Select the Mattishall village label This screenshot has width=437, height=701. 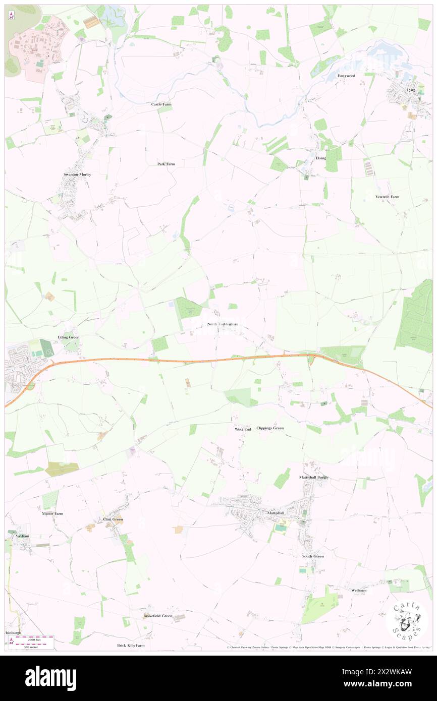click(x=276, y=512)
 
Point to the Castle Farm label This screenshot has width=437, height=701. click(x=161, y=104)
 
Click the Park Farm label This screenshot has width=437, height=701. click(x=166, y=164)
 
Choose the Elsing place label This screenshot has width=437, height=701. click(x=320, y=158)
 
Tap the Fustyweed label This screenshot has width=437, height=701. click(x=346, y=76)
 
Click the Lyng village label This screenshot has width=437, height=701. click(x=411, y=89)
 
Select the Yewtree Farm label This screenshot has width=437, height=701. click(x=387, y=196)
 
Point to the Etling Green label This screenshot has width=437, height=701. click(x=69, y=336)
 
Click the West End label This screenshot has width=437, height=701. click(x=243, y=429)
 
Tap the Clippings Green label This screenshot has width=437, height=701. click(x=270, y=428)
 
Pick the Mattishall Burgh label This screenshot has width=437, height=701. click(x=313, y=477)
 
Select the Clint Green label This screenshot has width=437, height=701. click(x=113, y=519)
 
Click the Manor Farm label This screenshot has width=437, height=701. click(x=52, y=513)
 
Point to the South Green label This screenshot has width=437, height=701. click(x=313, y=556)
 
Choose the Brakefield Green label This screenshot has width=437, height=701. click(x=157, y=616)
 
